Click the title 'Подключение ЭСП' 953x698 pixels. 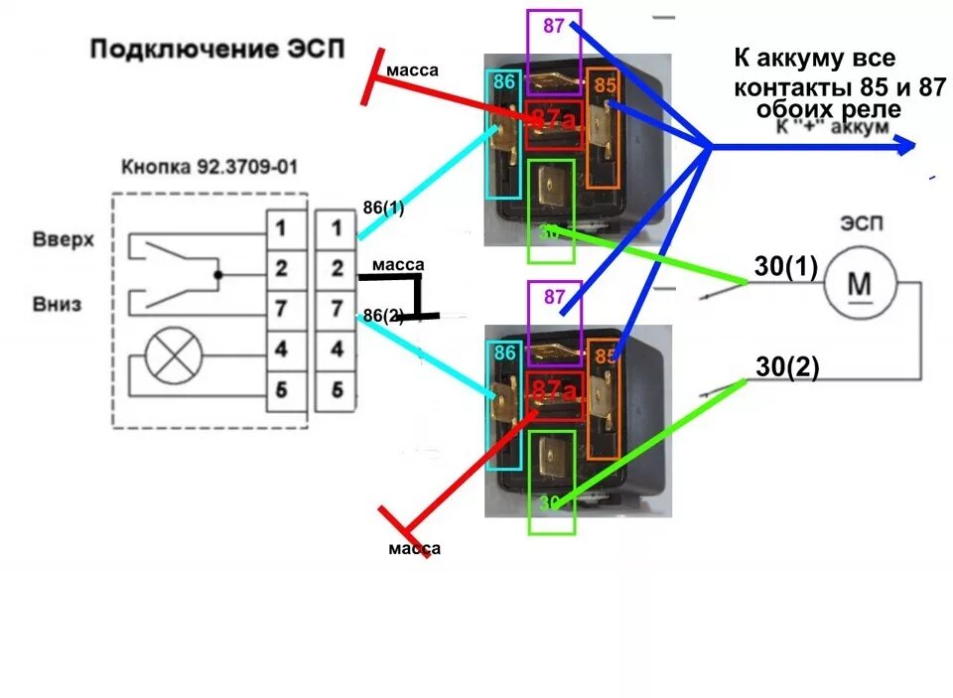[216, 49]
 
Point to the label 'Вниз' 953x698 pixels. [57, 304]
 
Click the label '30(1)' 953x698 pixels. [786, 268]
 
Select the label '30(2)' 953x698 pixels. [787, 367]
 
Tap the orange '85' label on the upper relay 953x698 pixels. [606, 85]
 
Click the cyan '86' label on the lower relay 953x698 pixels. [503, 351]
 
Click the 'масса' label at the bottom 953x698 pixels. [414, 548]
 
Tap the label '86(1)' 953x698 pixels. [383, 209]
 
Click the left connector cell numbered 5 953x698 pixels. [281, 390]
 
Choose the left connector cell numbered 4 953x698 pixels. [281, 349]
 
